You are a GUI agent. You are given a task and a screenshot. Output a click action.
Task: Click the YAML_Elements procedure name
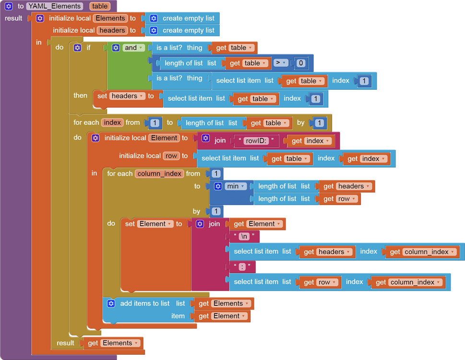pyautogui.click(x=55, y=6)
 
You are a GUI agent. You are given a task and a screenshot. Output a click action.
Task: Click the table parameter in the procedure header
pyautogui.click(x=100, y=6)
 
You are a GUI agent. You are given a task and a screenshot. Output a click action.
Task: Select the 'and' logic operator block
pyautogui.click(x=131, y=48)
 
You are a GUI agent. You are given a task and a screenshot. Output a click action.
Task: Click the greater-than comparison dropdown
pyautogui.click(x=281, y=63)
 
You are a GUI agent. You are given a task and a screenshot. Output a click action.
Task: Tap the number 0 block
pyautogui.click(x=301, y=63)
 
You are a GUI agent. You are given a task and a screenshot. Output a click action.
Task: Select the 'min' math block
pyautogui.click(x=233, y=186)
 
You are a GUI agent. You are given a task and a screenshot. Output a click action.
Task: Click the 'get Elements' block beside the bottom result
pyautogui.click(x=114, y=343)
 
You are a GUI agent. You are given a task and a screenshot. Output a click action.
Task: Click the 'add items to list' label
pyautogui.click(x=144, y=303)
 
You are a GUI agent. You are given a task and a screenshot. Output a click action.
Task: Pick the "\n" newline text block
pyautogui.click(x=243, y=236)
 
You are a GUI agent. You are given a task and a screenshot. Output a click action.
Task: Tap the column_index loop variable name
pyautogui.click(x=159, y=173)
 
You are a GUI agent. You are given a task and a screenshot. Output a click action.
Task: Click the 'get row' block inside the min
pyautogui.click(x=340, y=199)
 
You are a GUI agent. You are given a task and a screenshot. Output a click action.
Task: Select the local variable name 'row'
pyautogui.click(x=171, y=156)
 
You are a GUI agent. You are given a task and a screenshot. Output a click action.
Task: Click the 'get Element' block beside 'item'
pyautogui.click(x=222, y=316)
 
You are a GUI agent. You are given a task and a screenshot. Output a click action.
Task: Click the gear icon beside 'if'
pyautogui.click(x=77, y=48)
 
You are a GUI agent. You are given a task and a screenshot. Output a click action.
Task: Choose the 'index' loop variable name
pyautogui.click(x=112, y=122)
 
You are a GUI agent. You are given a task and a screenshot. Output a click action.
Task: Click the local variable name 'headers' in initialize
pyautogui.click(x=112, y=30)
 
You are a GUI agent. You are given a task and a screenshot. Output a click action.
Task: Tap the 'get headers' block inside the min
pyautogui.click(x=346, y=186)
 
